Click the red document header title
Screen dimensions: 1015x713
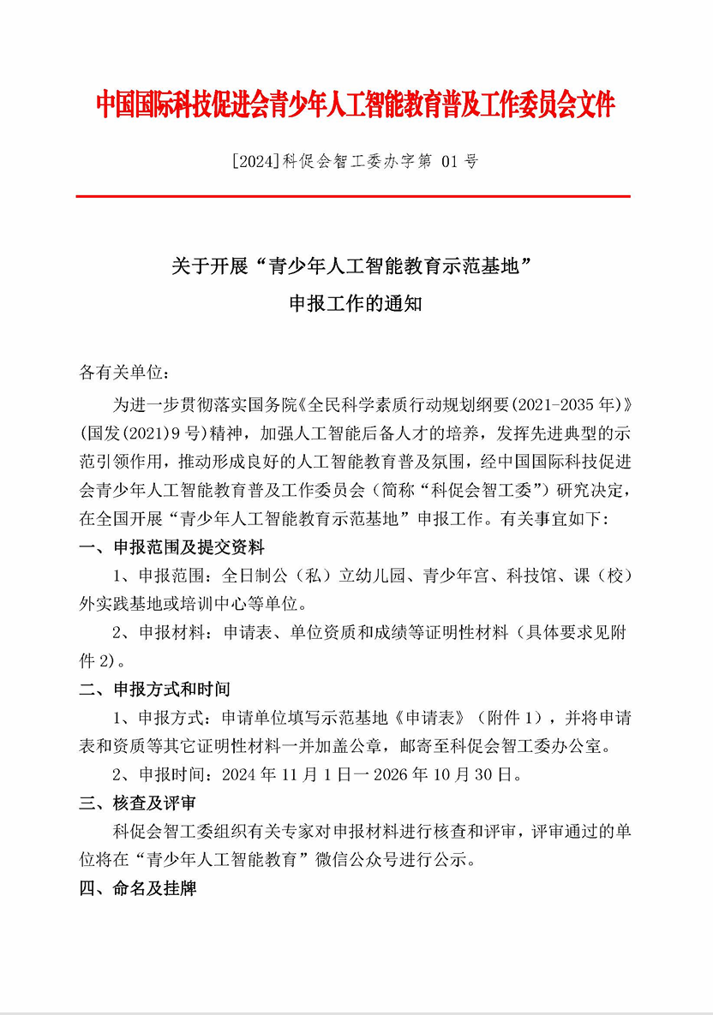pos(355,104)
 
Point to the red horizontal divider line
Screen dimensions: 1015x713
pos(353,196)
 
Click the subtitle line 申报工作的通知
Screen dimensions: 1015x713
pos(356,305)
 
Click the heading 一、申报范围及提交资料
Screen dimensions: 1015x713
pos(171,547)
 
